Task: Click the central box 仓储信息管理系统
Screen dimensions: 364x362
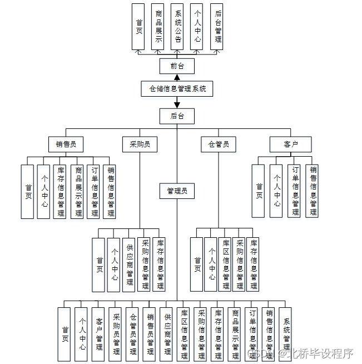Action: [177, 88]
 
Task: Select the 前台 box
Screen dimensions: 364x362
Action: [177, 66]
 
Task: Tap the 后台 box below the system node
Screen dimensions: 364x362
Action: [177, 116]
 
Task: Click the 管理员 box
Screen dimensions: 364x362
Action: [177, 191]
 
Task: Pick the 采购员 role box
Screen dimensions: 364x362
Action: [140, 144]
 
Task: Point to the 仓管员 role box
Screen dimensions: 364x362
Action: [218, 144]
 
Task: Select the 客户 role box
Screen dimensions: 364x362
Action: [290, 144]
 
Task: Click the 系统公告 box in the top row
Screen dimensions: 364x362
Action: [177, 27]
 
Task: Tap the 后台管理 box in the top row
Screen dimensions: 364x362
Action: [217, 27]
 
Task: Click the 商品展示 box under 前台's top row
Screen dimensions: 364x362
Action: [158, 27]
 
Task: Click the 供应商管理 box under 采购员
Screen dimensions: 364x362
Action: [129, 265]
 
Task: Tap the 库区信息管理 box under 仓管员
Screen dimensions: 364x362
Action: [225, 265]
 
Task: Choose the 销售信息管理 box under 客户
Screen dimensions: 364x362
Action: [312, 191]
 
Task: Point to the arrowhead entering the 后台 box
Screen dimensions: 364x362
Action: [177, 105]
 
